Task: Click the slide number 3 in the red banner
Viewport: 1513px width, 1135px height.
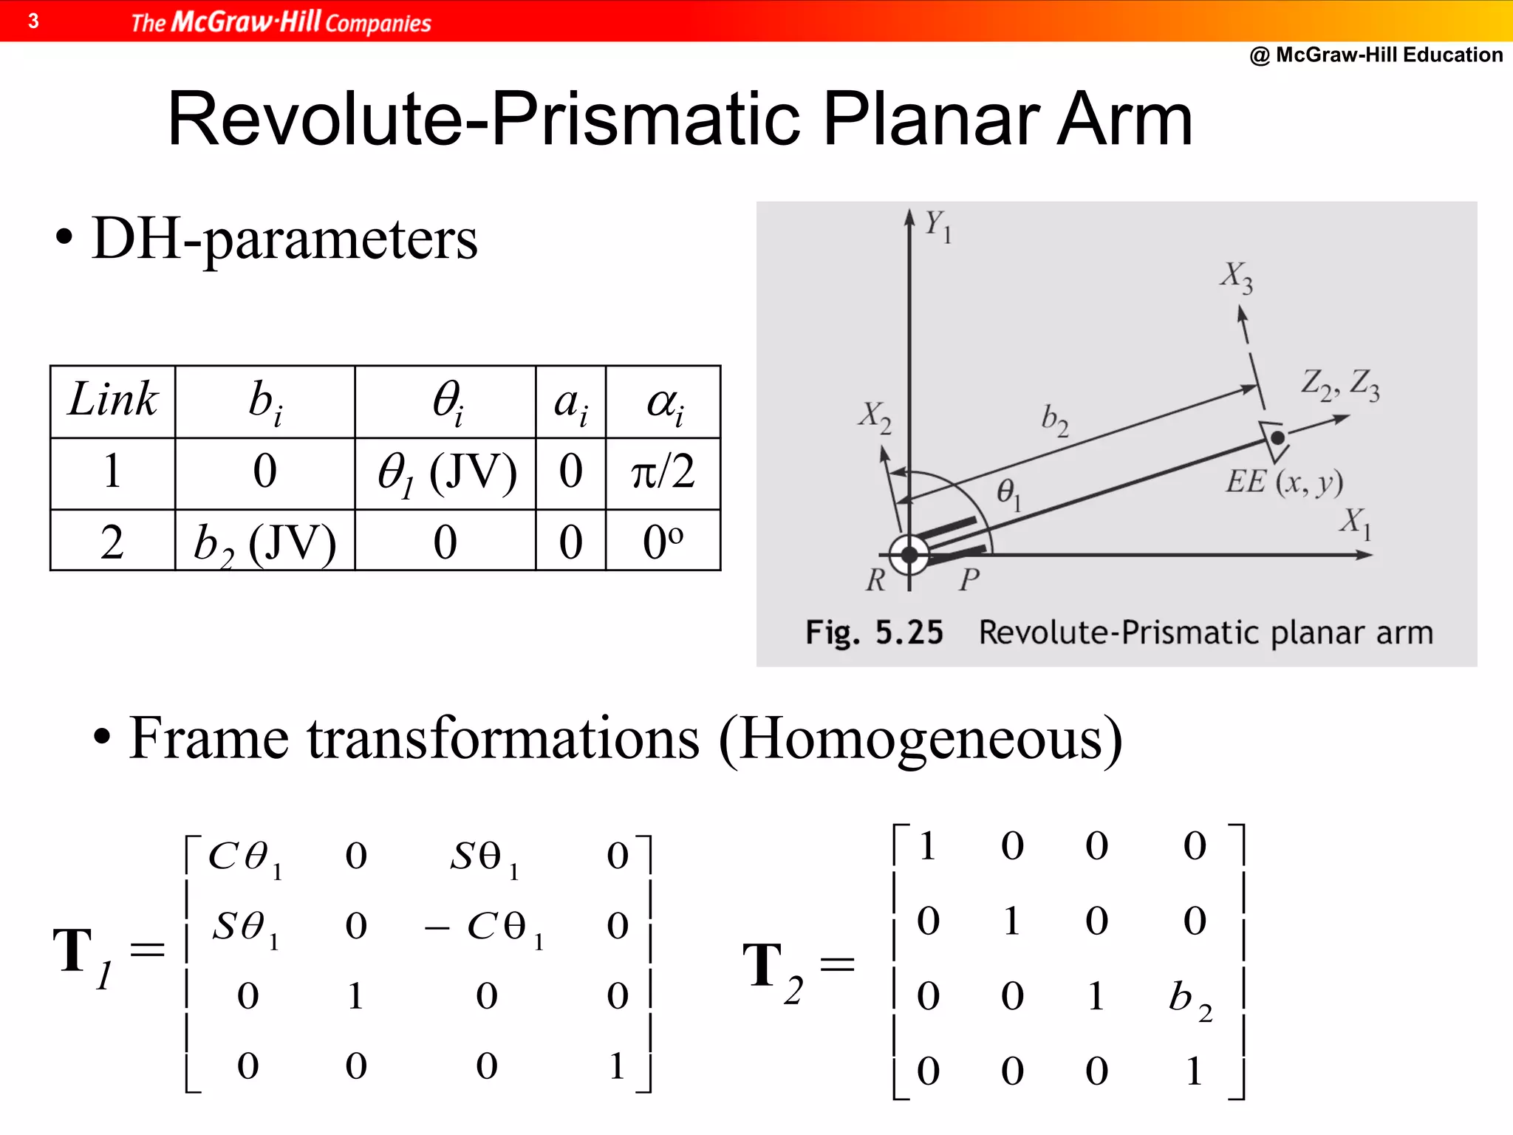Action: tap(33, 21)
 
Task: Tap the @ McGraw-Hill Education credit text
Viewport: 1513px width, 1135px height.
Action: tap(1376, 55)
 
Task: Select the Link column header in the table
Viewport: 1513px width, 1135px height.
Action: tap(112, 401)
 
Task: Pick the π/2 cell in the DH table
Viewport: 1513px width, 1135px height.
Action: tap(663, 472)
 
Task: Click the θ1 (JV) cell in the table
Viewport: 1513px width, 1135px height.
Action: tap(445, 473)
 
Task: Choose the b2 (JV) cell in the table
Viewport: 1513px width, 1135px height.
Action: tap(264, 543)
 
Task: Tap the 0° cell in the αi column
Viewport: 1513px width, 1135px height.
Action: tap(663, 543)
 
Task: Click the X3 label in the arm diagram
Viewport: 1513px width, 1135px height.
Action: tap(1236, 277)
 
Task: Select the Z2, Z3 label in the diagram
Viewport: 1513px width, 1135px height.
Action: tap(1339, 384)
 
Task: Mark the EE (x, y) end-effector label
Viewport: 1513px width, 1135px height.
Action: tap(1284, 482)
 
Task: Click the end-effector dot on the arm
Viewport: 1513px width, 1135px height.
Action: tap(1277, 438)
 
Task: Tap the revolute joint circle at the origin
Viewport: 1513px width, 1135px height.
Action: tap(909, 554)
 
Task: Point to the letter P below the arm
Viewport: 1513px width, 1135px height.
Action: tap(969, 580)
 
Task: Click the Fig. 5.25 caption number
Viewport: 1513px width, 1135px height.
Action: tap(909, 633)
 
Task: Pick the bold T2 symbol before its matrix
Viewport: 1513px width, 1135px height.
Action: tap(772, 969)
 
